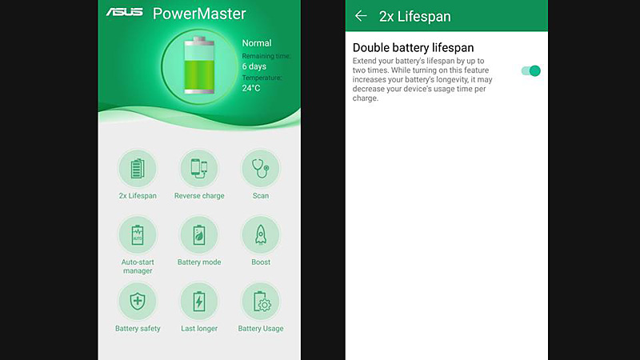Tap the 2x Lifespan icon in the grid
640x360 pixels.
[138, 169]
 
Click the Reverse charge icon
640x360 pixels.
[199, 169]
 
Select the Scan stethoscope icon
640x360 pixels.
[261, 169]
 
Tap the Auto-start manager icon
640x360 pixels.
[138, 235]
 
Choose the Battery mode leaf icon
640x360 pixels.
[199, 235]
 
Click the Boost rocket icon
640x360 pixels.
[261, 235]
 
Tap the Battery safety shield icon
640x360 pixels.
[138, 302]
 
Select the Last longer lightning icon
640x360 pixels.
[199, 302]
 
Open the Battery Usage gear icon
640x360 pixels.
[261, 302]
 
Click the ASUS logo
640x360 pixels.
[125, 12]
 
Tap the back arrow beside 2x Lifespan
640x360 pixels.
[361, 16]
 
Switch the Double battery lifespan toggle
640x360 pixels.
[531, 71]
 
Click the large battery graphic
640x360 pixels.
[199, 66]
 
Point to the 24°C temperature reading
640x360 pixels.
[251, 88]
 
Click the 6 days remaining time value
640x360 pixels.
[254, 66]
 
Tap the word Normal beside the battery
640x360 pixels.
[256, 43]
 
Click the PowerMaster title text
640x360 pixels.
[199, 14]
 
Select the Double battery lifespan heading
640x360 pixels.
[413, 48]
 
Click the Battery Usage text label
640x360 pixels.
[261, 329]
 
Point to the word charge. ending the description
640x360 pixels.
[366, 98]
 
